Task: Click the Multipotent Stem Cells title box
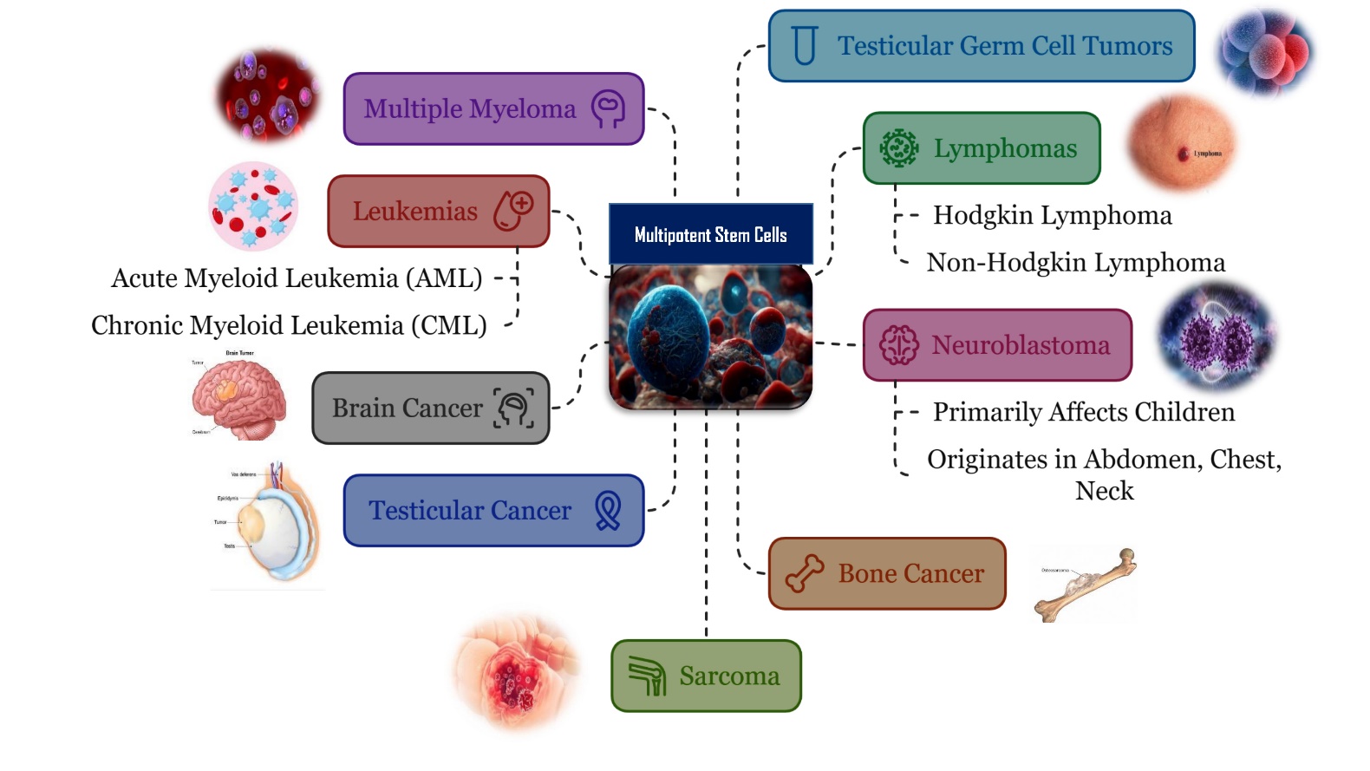pos(710,234)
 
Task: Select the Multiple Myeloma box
pos(493,108)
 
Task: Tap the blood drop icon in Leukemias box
pos(513,211)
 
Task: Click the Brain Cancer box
pos(430,408)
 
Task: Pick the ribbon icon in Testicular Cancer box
pos(608,511)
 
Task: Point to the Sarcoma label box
pos(706,676)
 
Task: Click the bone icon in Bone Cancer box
pos(804,573)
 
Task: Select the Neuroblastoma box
pos(997,345)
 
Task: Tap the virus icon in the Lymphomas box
pos(898,148)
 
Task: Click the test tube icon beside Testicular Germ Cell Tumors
pos(805,45)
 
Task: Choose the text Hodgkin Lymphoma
pos(1052,215)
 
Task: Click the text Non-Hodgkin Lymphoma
pos(1075,262)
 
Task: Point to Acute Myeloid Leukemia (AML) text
pos(297,278)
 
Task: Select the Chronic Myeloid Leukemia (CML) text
pos(289,325)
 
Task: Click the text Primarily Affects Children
pos(1083,412)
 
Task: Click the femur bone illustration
pos(1086,584)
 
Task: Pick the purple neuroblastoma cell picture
pos(1217,336)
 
